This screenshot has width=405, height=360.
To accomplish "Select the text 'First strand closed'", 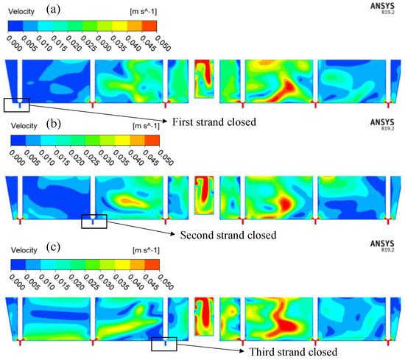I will click(213, 121).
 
